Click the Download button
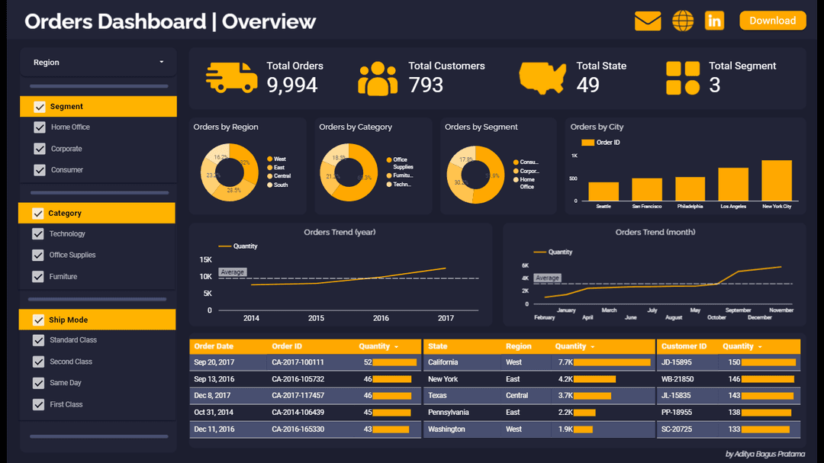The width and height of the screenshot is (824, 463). tap(772, 21)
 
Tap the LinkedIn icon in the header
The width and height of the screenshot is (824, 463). tap(714, 21)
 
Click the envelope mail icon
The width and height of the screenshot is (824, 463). tap(648, 21)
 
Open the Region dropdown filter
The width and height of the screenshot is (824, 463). tap(98, 63)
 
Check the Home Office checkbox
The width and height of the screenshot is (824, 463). tap(39, 127)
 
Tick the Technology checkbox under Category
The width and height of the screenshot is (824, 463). tap(38, 234)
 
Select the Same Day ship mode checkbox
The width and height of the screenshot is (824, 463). tap(38, 383)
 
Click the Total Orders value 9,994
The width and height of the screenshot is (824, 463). tap(291, 85)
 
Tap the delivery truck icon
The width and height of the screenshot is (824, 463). tap(232, 77)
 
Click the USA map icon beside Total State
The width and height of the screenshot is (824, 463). tap(542, 77)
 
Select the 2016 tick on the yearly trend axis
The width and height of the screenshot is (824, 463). tap(381, 318)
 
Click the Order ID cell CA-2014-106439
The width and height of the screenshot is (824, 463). tap(298, 413)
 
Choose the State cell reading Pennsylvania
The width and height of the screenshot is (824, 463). tap(448, 413)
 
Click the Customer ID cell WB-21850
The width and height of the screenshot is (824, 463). tap(677, 379)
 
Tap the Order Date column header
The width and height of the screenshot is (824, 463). tap(214, 346)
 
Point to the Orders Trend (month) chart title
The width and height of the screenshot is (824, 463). tap(655, 232)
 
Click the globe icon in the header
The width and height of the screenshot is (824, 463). tap(683, 21)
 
